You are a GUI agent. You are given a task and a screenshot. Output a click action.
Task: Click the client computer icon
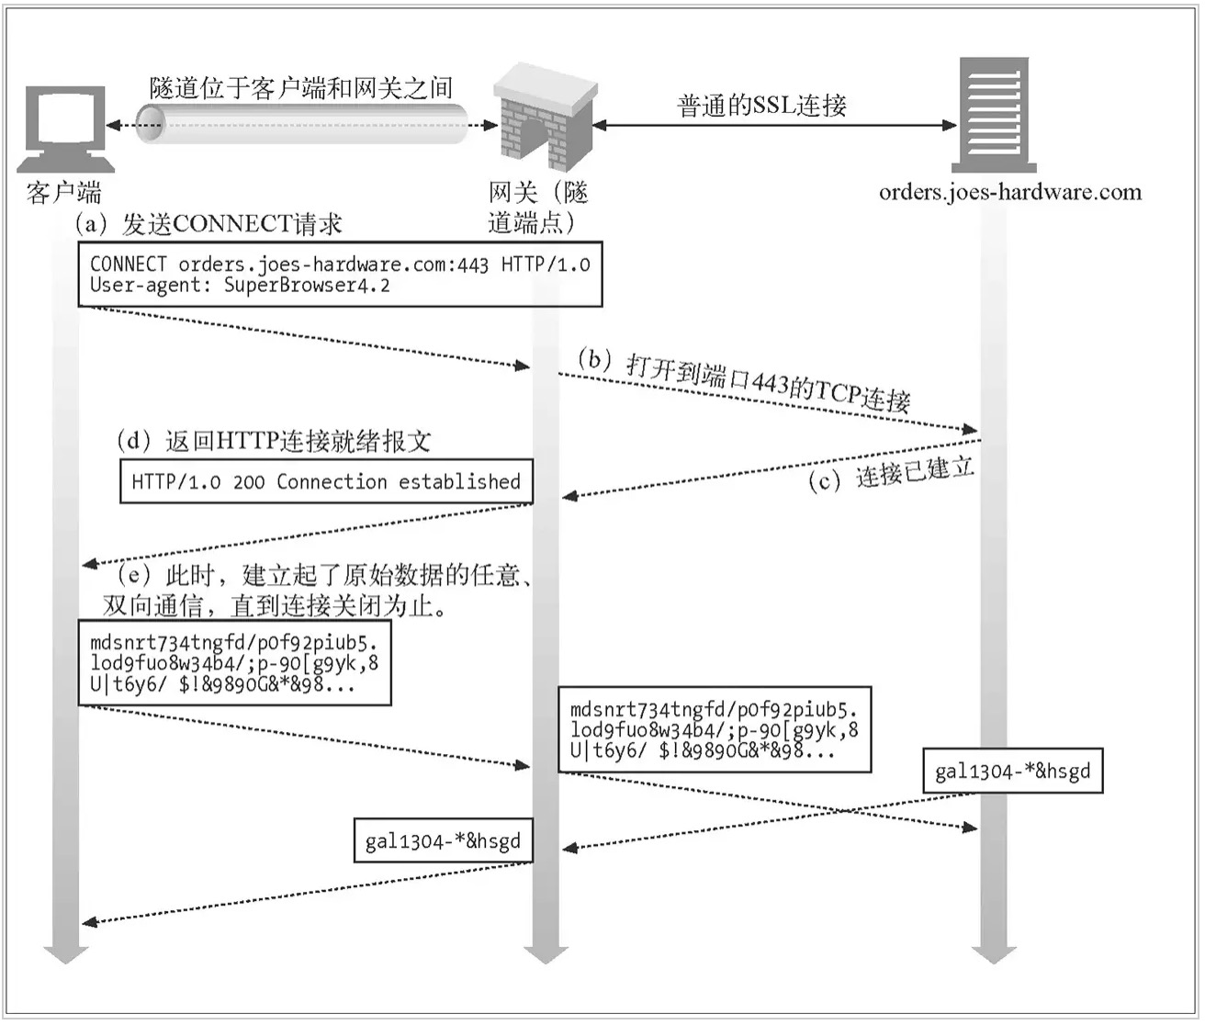[65, 129]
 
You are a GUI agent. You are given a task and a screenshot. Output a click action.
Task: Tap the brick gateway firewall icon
[545, 118]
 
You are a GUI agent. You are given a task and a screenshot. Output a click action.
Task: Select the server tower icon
[994, 115]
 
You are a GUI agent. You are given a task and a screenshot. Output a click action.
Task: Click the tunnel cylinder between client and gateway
[302, 124]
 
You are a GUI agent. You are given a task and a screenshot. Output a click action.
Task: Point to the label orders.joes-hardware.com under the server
[1009, 192]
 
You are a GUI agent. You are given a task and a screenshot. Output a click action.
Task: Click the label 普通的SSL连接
[760, 106]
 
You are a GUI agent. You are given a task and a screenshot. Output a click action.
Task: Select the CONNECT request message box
[341, 274]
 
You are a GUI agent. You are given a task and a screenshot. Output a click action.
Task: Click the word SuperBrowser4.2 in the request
[307, 285]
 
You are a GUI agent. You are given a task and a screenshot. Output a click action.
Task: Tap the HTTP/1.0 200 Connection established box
[326, 481]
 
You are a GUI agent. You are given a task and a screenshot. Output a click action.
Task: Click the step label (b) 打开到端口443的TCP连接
[744, 382]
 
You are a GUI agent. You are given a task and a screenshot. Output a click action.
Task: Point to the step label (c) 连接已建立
[891, 473]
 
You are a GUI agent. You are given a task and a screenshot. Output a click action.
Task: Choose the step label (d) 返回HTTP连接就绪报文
[274, 442]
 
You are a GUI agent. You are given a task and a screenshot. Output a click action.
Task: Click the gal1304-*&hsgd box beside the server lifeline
[1013, 771]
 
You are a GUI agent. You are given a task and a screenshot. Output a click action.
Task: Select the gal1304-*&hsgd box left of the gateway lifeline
[443, 840]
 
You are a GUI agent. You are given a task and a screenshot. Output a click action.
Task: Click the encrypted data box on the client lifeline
[235, 663]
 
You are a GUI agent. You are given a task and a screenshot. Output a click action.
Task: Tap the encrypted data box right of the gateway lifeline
[715, 729]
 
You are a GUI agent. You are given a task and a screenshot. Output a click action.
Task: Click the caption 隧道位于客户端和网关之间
[301, 88]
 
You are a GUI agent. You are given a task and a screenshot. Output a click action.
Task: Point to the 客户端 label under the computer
[64, 192]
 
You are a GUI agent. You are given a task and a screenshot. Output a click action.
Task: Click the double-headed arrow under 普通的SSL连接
[774, 125]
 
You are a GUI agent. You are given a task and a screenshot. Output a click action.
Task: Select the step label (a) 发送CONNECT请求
[208, 224]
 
